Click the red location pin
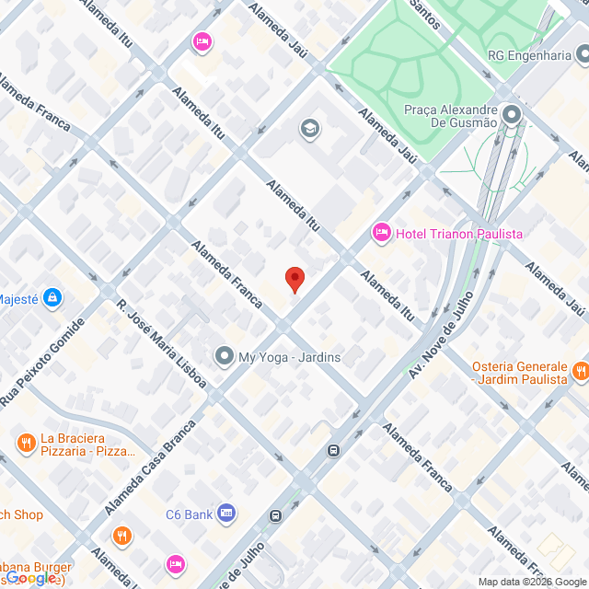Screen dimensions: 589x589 click(294, 279)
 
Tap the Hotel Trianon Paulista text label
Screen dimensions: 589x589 click(459, 234)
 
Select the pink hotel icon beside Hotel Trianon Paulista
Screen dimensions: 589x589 click(381, 234)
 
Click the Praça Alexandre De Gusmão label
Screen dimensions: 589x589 click(451, 115)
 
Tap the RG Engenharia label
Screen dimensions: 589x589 click(529, 55)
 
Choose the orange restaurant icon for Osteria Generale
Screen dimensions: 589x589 click(579, 372)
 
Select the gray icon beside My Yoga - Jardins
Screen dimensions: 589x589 click(224, 356)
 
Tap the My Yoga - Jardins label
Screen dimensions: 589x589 click(289, 357)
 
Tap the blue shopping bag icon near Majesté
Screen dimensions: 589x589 click(53, 297)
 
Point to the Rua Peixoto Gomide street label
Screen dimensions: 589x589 click(44, 364)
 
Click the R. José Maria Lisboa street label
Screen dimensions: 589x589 click(161, 342)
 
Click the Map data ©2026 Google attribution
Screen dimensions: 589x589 click(532, 581)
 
